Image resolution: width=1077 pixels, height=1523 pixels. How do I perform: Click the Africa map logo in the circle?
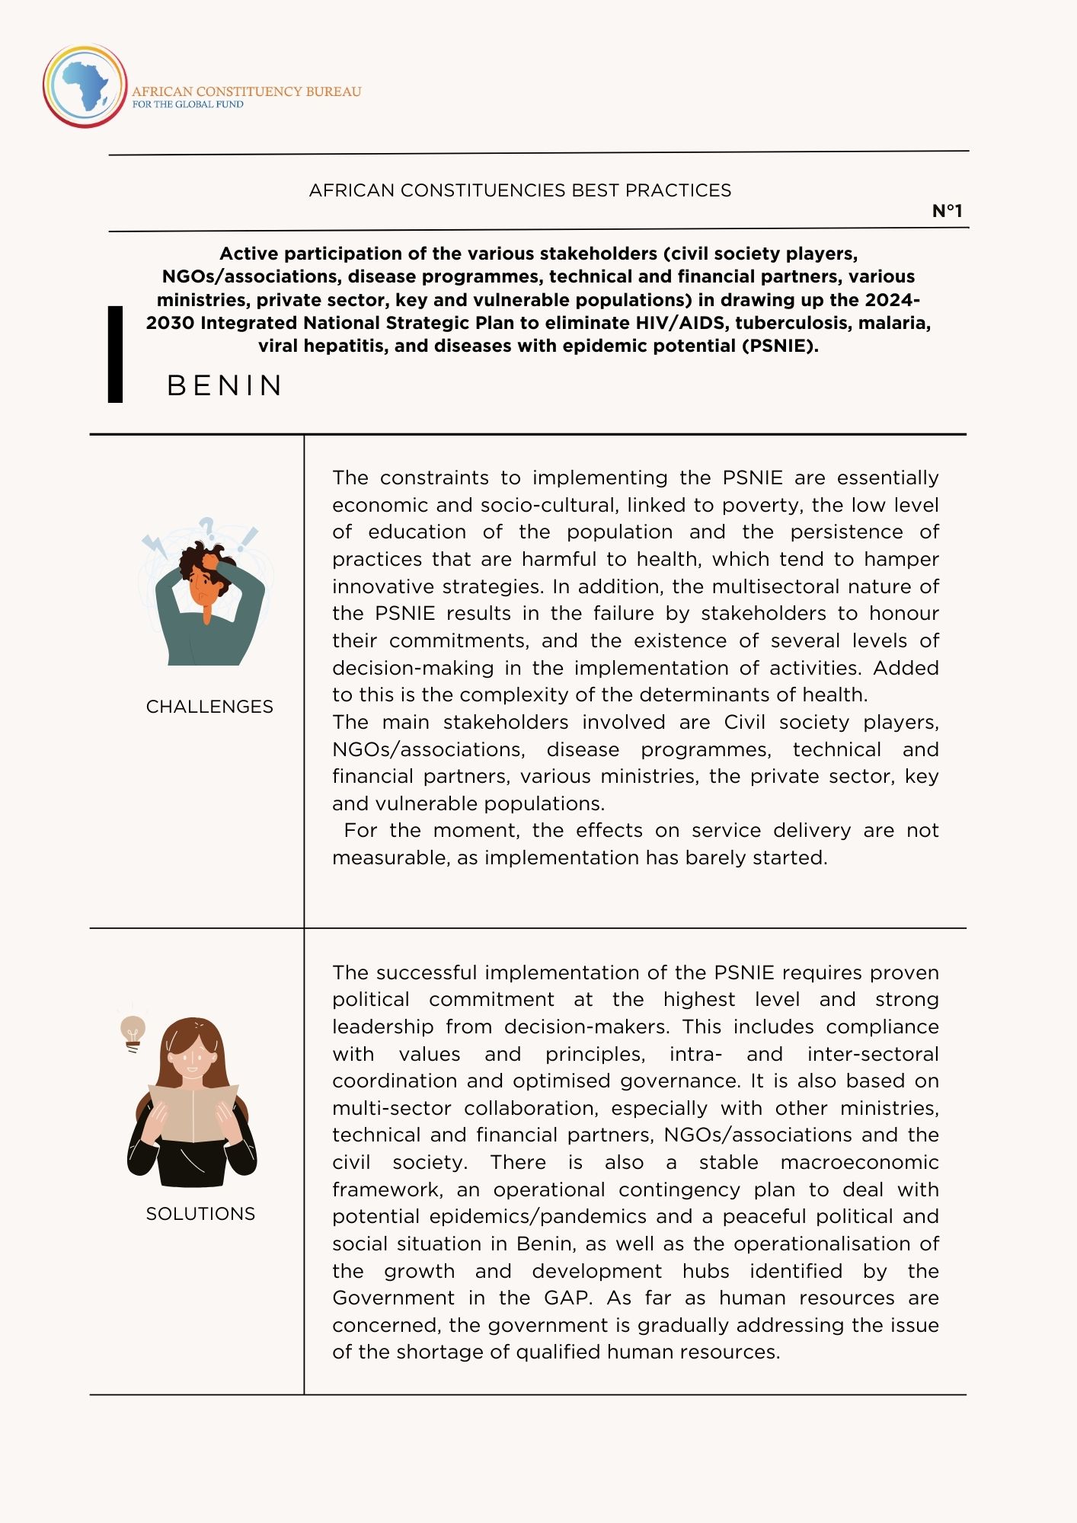click(85, 86)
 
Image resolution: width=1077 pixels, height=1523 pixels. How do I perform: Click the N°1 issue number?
click(948, 211)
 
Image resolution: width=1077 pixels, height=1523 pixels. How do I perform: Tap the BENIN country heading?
click(225, 385)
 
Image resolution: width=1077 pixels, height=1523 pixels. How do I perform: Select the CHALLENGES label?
click(209, 707)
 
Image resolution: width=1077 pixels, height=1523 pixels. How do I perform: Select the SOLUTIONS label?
click(200, 1214)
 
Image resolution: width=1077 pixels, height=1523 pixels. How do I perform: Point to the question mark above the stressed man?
click(206, 527)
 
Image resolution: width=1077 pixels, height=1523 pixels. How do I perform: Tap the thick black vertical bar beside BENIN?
click(115, 354)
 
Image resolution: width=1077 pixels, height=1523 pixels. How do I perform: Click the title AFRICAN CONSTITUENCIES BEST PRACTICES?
click(520, 190)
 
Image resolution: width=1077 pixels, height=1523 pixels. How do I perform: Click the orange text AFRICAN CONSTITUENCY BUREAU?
click(247, 91)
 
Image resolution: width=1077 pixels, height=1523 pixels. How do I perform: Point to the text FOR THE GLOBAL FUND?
click(188, 104)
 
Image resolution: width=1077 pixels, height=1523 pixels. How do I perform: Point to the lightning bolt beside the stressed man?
click(155, 544)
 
